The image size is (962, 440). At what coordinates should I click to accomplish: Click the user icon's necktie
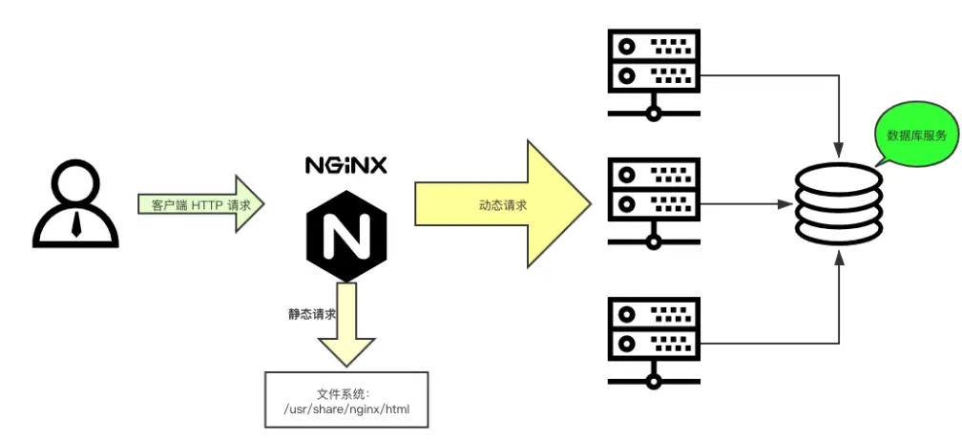point(76,223)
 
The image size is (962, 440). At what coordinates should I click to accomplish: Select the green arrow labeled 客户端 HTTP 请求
point(200,203)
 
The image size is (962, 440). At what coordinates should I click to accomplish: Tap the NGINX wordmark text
point(345,165)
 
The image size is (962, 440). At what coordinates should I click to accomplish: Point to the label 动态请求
point(502,204)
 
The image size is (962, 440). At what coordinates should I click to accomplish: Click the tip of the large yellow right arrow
point(584,203)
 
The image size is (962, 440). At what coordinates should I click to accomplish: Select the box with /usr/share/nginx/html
point(346,402)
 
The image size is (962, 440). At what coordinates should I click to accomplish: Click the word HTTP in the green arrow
point(206,204)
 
